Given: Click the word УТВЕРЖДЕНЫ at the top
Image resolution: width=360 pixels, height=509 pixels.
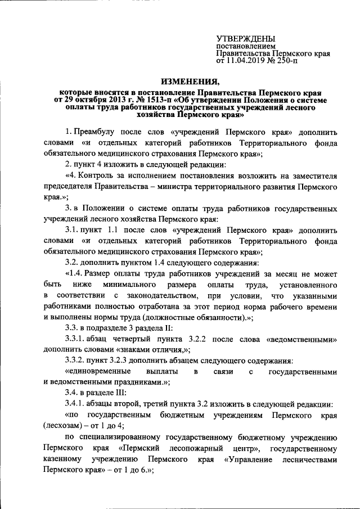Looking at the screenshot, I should click(246, 38).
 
